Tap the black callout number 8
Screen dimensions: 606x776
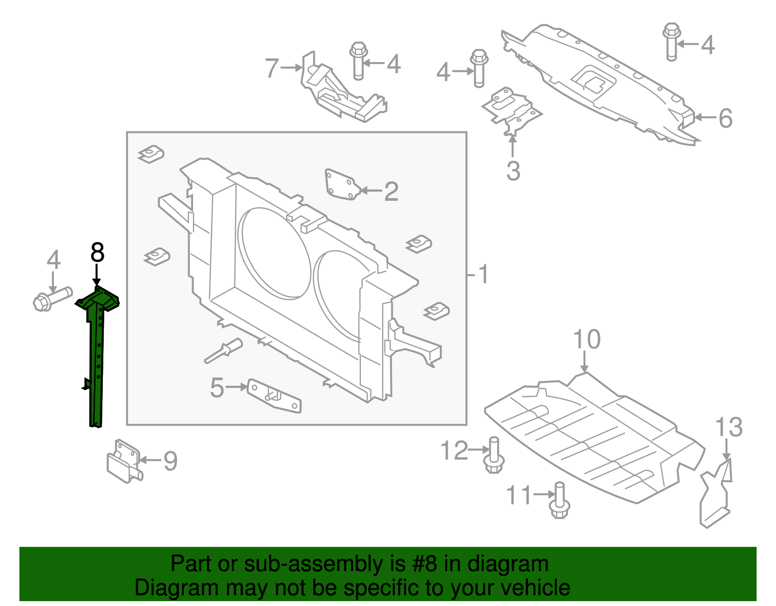tap(97, 253)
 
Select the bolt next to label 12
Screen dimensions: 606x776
tap(494, 457)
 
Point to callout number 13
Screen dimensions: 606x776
tap(728, 427)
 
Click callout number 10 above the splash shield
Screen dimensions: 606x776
tap(586, 340)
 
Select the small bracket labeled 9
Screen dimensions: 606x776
tap(124, 462)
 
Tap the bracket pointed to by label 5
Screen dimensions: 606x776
tap(275, 396)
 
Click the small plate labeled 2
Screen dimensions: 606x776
tap(342, 185)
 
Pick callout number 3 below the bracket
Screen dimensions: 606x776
tap(513, 171)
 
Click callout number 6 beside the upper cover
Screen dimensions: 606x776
tap(725, 118)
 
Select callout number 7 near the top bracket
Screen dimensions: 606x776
tap(272, 68)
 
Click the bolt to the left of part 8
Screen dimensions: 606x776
tap(52, 298)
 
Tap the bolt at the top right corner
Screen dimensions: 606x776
tap(672, 41)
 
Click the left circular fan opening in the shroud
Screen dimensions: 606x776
tap(275, 253)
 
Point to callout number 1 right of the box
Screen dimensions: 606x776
tap(483, 275)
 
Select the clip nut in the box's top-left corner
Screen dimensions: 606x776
tap(151, 154)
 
